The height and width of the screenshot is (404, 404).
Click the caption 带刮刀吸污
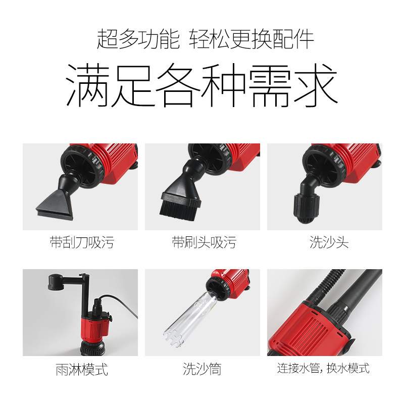click(81, 242)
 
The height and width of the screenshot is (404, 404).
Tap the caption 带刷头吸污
click(204, 242)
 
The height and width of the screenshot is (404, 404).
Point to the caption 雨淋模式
click(81, 369)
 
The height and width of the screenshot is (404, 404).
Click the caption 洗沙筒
click(202, 369)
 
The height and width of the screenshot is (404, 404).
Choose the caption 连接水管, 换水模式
click(323, 368)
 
